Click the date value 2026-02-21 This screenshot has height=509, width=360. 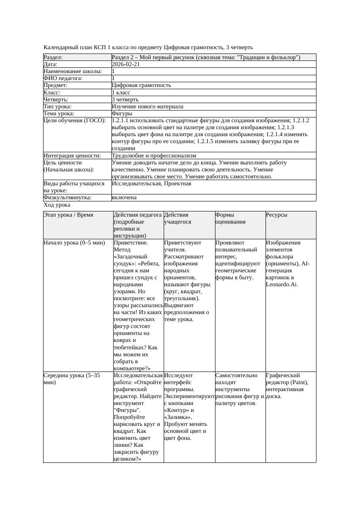point(126,64)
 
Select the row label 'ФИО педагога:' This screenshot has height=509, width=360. point(63,78)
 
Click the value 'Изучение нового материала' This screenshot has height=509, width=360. point(148,107)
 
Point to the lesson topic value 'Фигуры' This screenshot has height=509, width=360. point(122,114)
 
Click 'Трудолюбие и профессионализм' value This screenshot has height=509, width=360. point(154,156)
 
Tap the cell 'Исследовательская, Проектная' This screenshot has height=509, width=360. point(151,184)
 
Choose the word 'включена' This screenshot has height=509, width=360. point(124,198)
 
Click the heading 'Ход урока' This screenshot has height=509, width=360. point(57,204)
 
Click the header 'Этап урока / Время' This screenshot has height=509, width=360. point(68,215)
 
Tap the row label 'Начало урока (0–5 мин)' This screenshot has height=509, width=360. point(74,243)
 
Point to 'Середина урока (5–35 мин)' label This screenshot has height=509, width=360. point(72,378)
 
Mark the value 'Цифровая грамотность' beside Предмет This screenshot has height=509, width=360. point(141,85)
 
